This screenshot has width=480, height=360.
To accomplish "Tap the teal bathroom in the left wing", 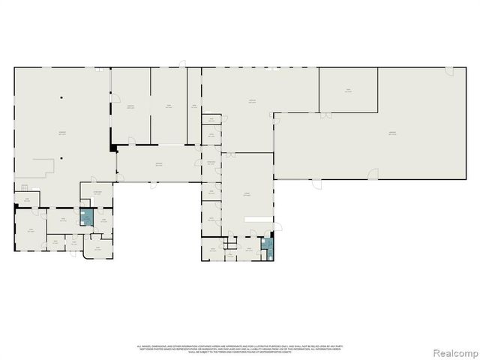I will point(87,217).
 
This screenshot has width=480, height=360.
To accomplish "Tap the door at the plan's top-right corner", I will point(448,71).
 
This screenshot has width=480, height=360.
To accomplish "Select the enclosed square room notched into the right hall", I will point(348,91).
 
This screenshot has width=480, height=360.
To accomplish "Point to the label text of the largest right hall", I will point(391,133).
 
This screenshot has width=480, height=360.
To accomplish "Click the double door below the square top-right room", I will point(325,115).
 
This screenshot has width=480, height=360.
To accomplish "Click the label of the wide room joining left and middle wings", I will point(157,164).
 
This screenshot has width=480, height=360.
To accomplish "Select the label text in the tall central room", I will point(246,192).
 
